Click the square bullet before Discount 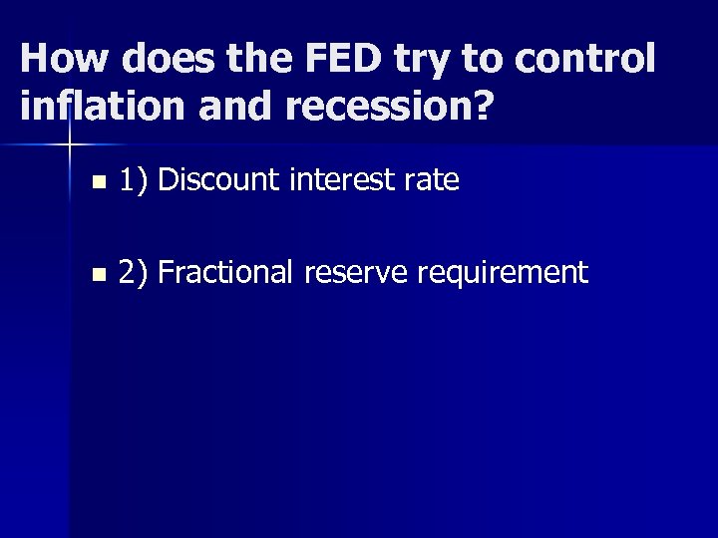(96, 183)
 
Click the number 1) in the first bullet (134, 180)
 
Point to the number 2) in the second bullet (134, 272)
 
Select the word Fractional (228, 272)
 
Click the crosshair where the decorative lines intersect (70, 145)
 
